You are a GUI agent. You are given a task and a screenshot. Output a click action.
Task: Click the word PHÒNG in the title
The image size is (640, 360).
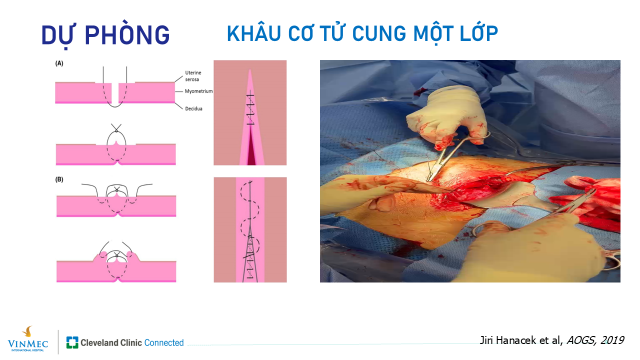pos(127,35)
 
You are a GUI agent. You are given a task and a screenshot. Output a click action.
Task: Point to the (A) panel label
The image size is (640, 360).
pos(59,63)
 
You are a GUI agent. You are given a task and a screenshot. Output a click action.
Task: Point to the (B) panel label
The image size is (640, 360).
pos(59,179)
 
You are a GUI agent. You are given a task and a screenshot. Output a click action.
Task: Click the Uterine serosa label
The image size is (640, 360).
pos(193,76)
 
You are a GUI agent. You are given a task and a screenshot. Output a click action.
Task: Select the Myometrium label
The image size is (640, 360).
pos(198,91)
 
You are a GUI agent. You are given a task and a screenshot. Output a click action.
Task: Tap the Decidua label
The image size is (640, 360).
pos(193,108)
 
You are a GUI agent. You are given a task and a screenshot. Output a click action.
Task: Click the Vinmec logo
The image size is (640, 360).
pos(28,339)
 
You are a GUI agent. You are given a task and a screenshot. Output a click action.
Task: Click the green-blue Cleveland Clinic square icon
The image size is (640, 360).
pos(72,342)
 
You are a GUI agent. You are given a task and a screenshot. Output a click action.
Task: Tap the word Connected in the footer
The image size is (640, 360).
pos(164,342)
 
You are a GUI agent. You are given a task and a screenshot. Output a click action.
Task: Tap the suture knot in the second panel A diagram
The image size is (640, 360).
pos(116,131)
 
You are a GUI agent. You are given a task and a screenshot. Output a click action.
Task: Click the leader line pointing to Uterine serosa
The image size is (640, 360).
pos(179,79)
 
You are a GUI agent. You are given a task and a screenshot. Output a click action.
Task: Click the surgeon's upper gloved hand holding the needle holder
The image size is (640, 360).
pos(446,116)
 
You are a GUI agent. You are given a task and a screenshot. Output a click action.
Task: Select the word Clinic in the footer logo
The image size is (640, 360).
pos(131,342)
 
